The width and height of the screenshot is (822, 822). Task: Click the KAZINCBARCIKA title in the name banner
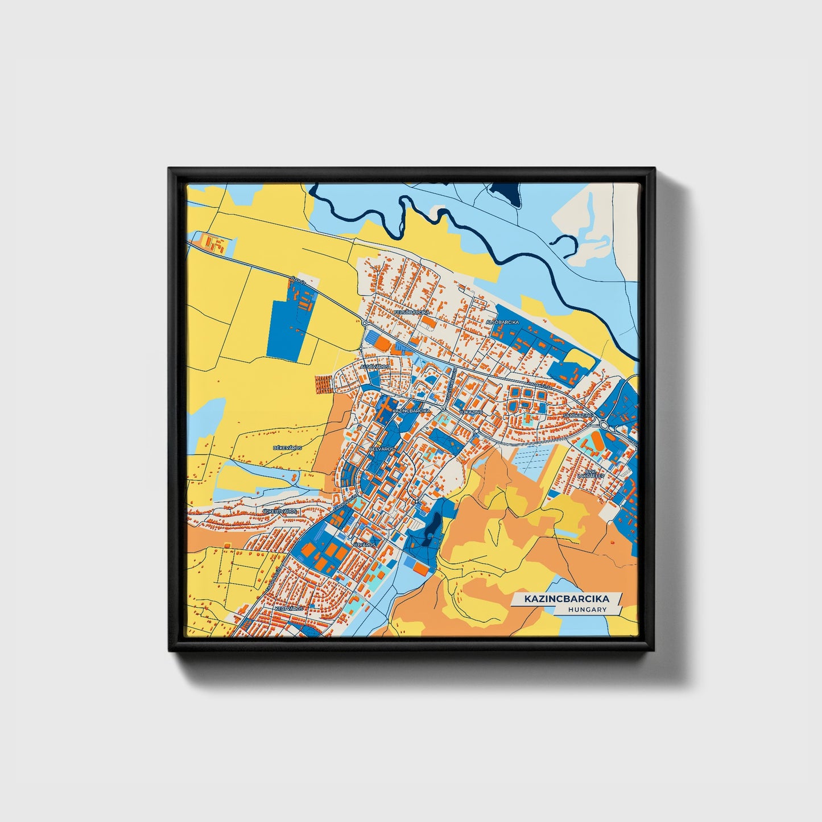click(x=566, y=599)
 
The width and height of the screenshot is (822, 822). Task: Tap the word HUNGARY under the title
click(x=587, y=609)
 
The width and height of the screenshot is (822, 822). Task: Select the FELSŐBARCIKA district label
click(x=412, y=312)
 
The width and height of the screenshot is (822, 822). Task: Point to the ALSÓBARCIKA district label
click(x=502, y=322)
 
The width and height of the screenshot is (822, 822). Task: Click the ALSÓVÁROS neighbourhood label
click(x=374, y=367)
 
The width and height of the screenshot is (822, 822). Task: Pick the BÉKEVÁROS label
click(x=287, y=448)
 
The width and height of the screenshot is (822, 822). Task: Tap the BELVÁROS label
click(x=381, y=449)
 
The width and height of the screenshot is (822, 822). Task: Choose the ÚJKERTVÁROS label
click(x=279, y=512)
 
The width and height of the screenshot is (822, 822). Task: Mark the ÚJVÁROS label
click(x=365, y=544)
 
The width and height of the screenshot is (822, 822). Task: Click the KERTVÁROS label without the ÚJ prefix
click(x=289, y=608)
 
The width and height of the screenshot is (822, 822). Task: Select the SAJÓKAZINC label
click(x=578, y=416)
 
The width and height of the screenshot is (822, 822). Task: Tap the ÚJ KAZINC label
click(x=471, y=411)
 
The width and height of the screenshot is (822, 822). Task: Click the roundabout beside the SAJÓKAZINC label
click(x=603, y=424)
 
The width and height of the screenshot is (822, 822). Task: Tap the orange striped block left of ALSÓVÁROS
click(x=323, y=385)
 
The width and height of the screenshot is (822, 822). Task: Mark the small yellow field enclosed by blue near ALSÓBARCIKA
click(x=580, y=358)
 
